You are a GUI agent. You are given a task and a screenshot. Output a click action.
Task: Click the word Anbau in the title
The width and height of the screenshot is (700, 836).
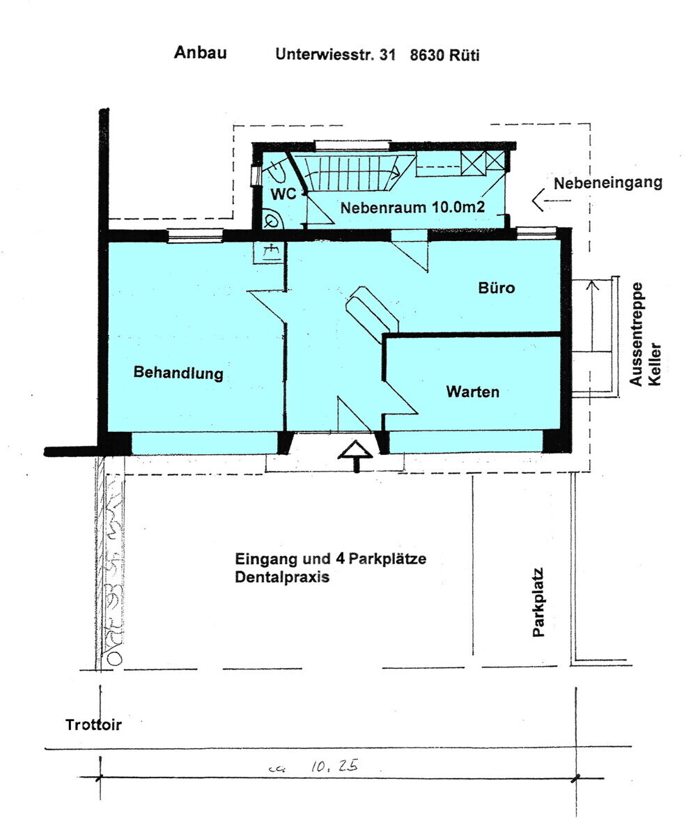click(200, 53)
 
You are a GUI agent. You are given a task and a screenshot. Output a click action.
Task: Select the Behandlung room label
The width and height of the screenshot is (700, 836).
click(178, 373)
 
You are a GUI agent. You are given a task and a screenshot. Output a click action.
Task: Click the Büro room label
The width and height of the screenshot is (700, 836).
click(497, 287)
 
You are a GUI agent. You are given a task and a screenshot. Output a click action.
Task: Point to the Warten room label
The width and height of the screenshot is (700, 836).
click(472, 392)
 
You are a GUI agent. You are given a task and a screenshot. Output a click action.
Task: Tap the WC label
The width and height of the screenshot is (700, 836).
click(283, 194)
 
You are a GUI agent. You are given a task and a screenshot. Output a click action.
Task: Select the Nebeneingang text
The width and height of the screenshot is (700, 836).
click(607, 183)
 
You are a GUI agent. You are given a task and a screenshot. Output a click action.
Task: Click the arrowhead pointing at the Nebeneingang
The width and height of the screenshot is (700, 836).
click(538, 201)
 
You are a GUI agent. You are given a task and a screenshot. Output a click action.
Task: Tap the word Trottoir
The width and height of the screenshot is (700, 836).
click(93, 725)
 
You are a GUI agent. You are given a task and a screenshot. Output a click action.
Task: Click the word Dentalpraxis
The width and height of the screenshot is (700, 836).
click(281, 578)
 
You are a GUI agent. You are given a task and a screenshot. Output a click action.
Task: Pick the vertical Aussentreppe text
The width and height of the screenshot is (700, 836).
click(636, 334)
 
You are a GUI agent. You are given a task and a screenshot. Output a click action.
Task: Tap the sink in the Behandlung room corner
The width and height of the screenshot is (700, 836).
click(270, 251)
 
